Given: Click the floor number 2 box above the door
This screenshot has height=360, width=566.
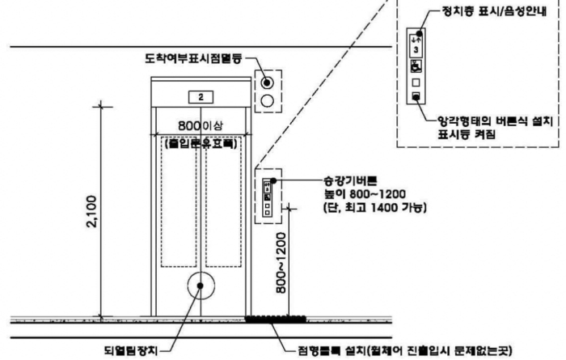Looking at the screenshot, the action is pyautogui.click(x=199, y=97).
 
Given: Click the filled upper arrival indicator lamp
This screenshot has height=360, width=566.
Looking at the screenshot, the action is pyautogui.click(x=266, y=83).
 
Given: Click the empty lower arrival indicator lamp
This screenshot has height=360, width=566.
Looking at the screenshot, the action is pyautogui.click(x=266, y=101).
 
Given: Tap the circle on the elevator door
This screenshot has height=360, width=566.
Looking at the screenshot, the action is pyautogui.click(x=200, y=287).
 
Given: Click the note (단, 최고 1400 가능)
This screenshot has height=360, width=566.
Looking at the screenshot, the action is pyautogui.click(x=369, y=208).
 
